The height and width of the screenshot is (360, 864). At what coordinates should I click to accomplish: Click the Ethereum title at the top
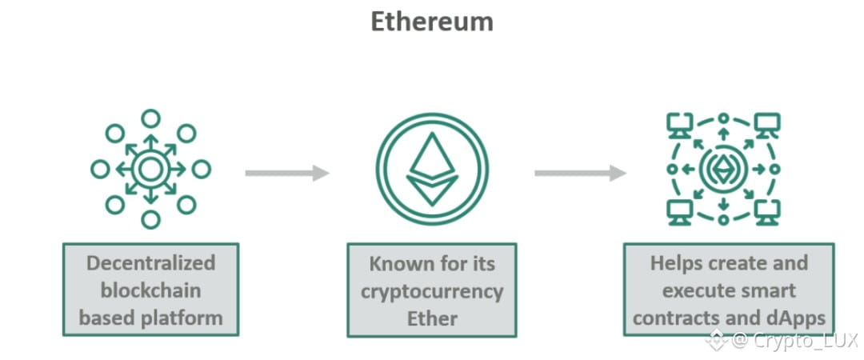pos(431,22)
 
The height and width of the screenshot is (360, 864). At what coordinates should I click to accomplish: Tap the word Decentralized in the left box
pos(150,263)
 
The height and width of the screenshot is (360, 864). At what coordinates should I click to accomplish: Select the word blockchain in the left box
pos(150,290)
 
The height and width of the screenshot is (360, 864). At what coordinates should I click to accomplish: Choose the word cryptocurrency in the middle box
pos(431,290)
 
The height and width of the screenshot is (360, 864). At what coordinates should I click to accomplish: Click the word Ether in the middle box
pos(431,318)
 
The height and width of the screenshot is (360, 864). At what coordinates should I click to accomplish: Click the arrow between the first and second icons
pos(286,173)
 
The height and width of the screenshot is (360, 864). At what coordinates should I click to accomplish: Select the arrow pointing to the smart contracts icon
pos(579,173)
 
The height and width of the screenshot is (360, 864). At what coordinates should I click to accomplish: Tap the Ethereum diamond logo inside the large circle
pos(432,169)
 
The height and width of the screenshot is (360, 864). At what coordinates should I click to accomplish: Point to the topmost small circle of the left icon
pos(150,118)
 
